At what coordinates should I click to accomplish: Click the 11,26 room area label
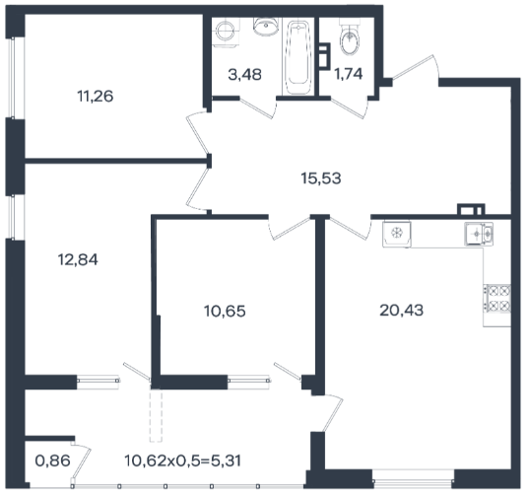(x=96, y=97)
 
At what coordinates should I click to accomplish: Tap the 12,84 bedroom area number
(x=78, y=259)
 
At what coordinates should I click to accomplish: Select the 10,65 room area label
(x=225, y=311)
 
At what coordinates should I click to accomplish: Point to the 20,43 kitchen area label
(x=402, y=310)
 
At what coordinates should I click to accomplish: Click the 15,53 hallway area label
(x=321, y=178)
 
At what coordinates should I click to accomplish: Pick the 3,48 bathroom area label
(x=245, y=75)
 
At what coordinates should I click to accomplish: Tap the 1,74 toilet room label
(x=348, y=74)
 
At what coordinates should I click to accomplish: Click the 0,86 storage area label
(x=53, y=460)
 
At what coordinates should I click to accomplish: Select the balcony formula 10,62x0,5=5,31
(x=183, y=460)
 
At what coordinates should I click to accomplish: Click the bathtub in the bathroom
(x=298, y=57)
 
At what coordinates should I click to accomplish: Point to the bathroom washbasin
(x=266, y=27)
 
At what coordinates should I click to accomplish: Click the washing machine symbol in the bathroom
(x=226, y=33)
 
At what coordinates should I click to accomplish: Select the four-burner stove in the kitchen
(x=496, y=298)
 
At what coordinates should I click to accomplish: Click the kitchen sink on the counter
(x=479, y=234)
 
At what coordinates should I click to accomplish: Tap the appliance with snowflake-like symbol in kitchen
(x=397, y=234)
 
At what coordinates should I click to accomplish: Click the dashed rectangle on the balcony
(x=156, y=415)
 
